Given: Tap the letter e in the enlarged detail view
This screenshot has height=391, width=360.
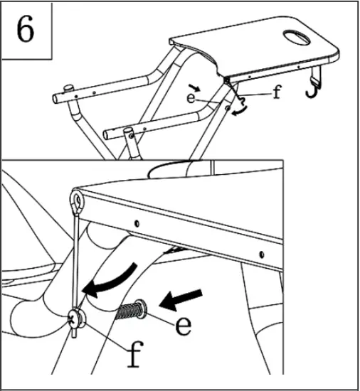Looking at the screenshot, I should [x=183, y=325].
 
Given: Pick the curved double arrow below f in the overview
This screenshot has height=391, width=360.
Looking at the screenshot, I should [x=243, y=105].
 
